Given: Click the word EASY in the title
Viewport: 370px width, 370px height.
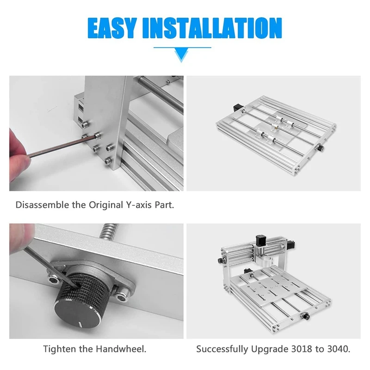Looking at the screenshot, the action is [112, 28].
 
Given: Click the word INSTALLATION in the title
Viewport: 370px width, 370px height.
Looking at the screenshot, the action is [212, 28].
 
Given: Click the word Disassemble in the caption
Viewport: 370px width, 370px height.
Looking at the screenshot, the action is [43, 205].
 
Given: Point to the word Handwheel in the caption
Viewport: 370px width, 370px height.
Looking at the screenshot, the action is [121, 349].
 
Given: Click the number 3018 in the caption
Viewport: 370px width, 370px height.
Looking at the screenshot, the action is [302, 349].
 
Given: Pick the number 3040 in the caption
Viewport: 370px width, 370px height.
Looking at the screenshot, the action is [338, 349].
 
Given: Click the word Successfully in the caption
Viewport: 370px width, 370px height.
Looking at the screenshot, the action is [222, 349].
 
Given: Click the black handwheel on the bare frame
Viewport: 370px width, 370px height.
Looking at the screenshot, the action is [321, 148].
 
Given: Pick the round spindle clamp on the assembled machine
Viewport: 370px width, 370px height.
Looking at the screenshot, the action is [266, 261].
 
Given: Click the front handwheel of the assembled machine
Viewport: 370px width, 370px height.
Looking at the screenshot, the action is [306, 316].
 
